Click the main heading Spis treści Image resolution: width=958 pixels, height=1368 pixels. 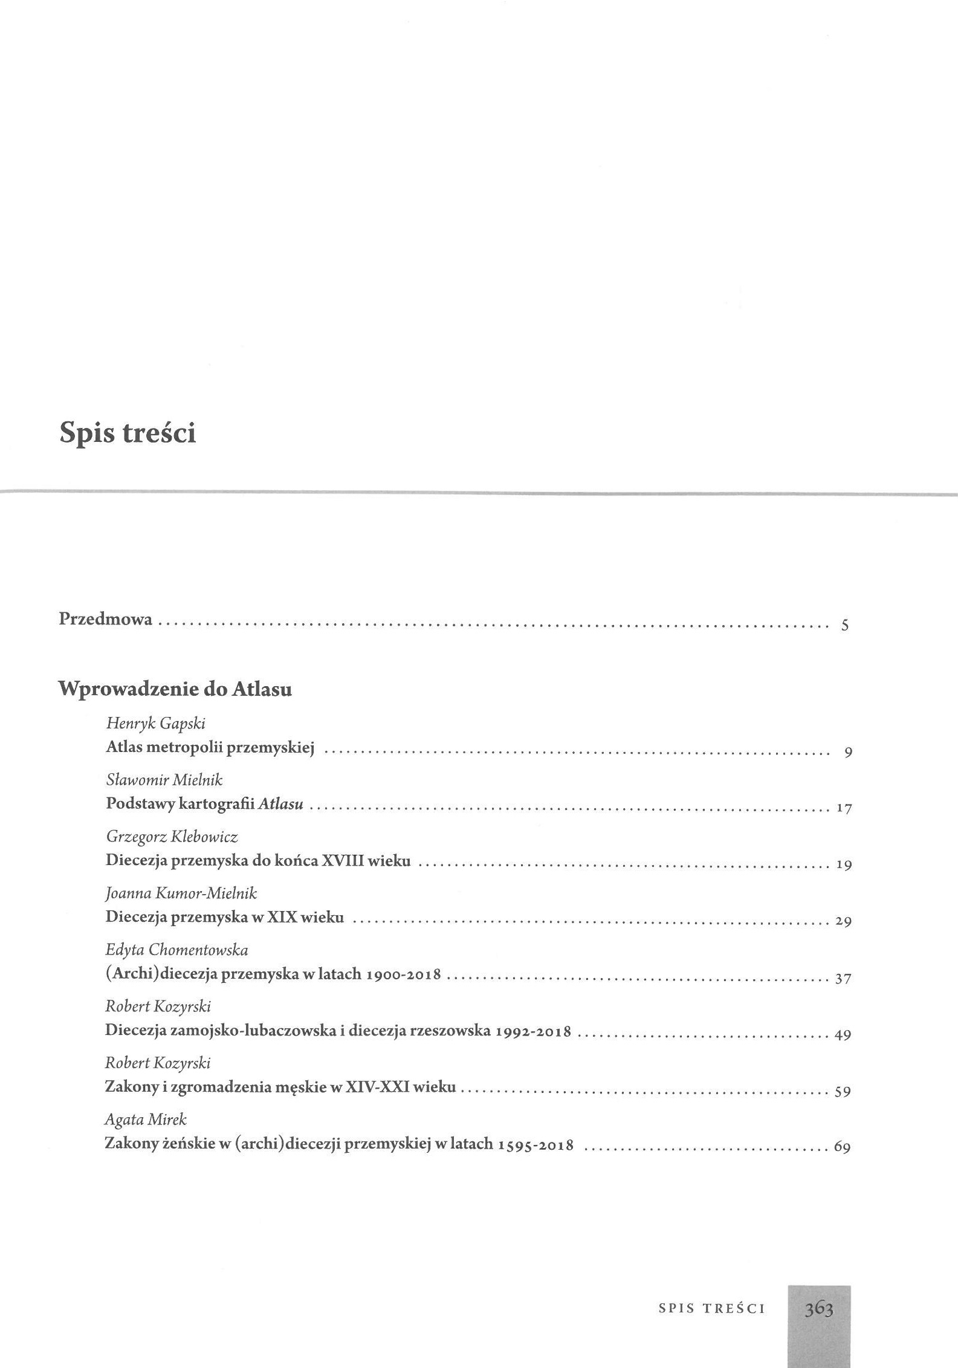pos(128,433)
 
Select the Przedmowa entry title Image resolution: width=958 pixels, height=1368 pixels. pos(105,620)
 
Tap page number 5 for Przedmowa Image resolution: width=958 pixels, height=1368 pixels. pos(845,625)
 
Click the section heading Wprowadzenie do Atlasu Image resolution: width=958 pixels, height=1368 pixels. pos(175,689)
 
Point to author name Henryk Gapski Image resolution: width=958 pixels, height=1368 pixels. pos(155,722)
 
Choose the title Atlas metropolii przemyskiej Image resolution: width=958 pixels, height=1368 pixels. pos(210,747)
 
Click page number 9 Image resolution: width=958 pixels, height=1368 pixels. pos(848,753)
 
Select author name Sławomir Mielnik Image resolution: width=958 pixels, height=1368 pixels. pos(164,780)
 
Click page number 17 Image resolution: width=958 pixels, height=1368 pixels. pos(844,809)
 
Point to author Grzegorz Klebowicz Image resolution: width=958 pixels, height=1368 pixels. pos(172,837)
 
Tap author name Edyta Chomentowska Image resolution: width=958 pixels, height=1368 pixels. pos(176,950)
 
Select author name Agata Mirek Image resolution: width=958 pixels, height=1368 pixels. pos(146,1120)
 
